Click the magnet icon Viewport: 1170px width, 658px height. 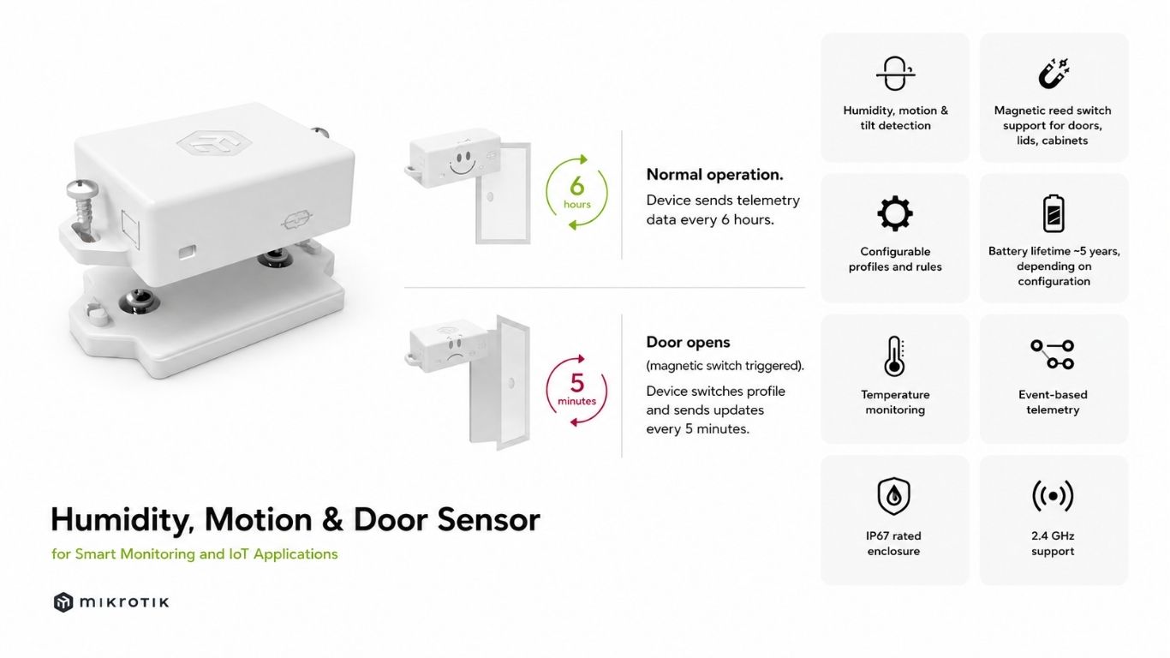point(1053,73)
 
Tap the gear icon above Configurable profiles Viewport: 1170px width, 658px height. point(895,213)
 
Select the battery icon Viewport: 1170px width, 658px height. point(1053,213)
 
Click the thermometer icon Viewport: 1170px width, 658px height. point(895,356)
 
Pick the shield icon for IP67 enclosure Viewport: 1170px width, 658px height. point(893,495)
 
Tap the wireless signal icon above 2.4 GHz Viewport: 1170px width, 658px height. point(1053,495)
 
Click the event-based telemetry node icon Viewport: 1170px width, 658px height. point(1053,355)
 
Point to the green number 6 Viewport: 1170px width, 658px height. point(576,186)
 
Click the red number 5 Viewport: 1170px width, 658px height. point(576,383)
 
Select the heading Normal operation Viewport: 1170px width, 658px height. point(714,175)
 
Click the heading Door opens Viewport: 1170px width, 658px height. point(688,343)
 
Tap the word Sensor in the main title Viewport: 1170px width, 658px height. point(488,519)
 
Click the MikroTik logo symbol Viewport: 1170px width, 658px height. point(63,602)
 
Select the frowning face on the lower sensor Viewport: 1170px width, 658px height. point(456,350)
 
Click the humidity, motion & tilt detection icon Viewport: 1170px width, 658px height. point(895,74)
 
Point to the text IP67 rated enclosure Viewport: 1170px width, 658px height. point(893,543)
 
